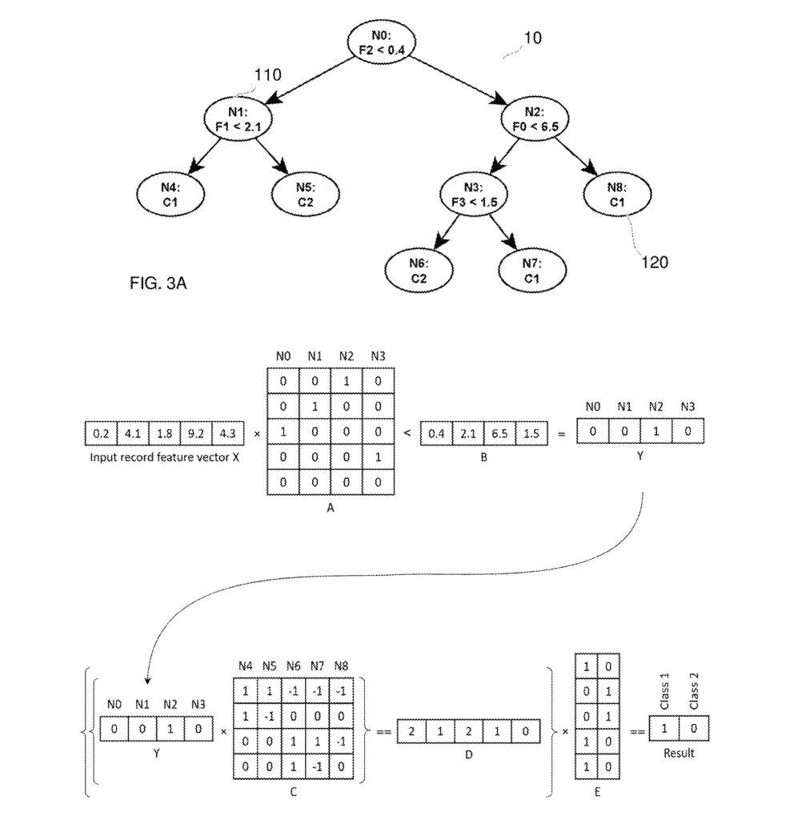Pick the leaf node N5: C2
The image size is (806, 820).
(x=305, y=195)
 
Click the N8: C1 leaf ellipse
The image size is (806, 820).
(x=616, y=195)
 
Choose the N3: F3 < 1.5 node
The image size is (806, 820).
(x=473, y=195)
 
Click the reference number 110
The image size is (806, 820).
(x=267, y=75)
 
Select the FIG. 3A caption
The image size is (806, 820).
(x=158, y=283)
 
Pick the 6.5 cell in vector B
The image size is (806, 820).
(x=500, y=433)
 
